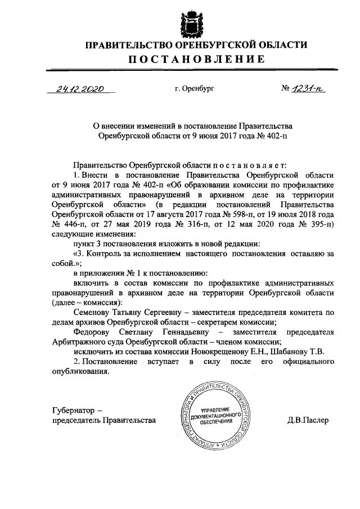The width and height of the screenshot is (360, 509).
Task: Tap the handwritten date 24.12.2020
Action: pyautogui.click(x=80, y=89)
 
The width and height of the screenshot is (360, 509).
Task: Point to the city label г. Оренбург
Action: pyautogui.click(x=195, y=89)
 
